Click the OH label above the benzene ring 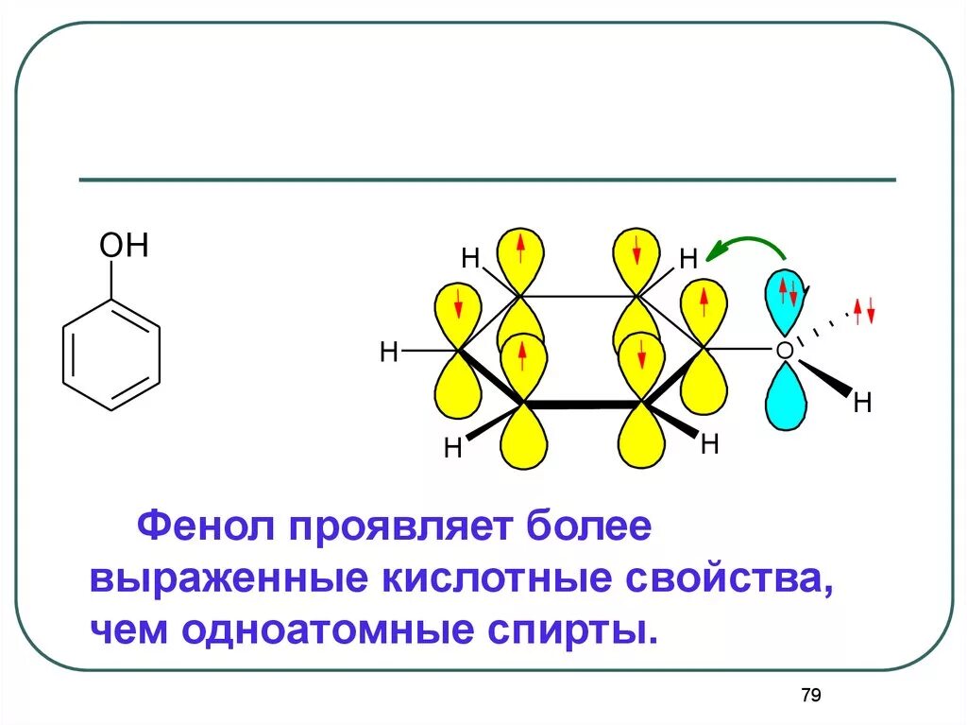click(x=125, y=248)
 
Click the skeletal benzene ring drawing click(x=111, y=354)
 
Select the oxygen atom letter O click(x=783, y=351)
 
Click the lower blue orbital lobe click(x=786, y=398)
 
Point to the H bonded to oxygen click(x=860, y=403)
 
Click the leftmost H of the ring click(x=388, y=353)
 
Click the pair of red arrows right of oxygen click(x=864, y=309)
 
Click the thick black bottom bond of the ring click(x=583, y=404)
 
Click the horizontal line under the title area click(x=486, y=180)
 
